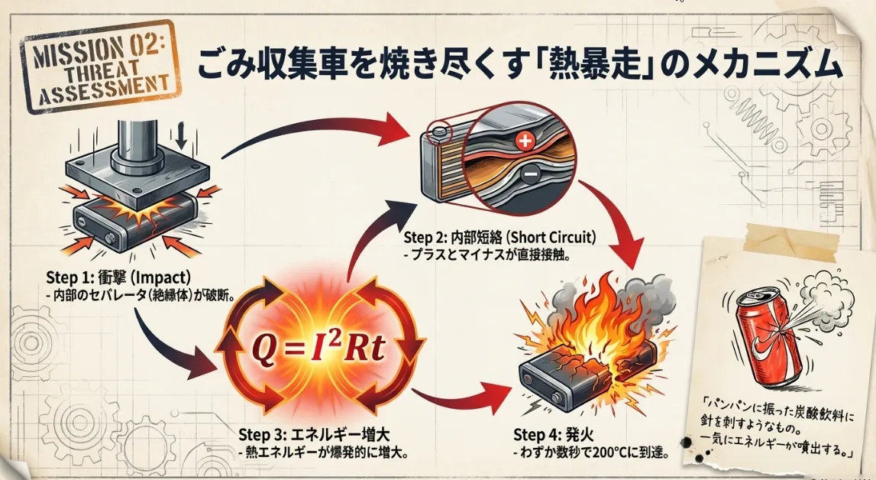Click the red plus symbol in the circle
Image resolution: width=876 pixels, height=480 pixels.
coord(523,141)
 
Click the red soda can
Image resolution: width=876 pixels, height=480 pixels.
coord(768,336)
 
